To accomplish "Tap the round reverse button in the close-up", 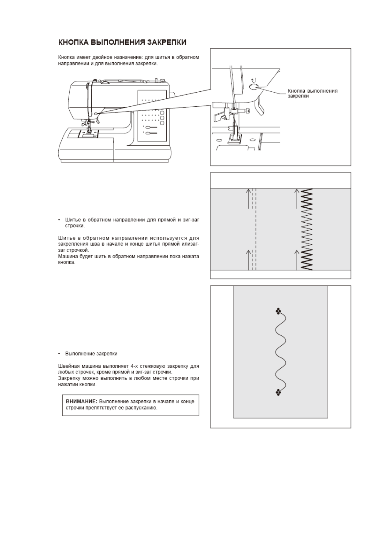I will click(x=254, y=87).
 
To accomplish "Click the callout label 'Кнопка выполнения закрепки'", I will click(x=312, y=93).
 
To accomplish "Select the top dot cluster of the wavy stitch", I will click(x=278, y=311).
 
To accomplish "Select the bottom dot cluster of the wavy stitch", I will click(x=278, y=393).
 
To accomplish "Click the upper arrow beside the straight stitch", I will click(x=248, y=198).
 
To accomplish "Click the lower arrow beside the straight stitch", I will click(x=248, y=260).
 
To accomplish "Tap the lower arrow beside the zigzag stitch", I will click(x=297, y=260).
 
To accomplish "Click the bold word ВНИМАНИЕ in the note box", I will click(x=81, y=402).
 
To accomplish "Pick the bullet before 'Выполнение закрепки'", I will click(x=59, y=354).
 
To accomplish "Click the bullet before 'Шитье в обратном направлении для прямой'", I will click(x=59, y=220).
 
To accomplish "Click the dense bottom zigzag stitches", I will click(x=307, y=260).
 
